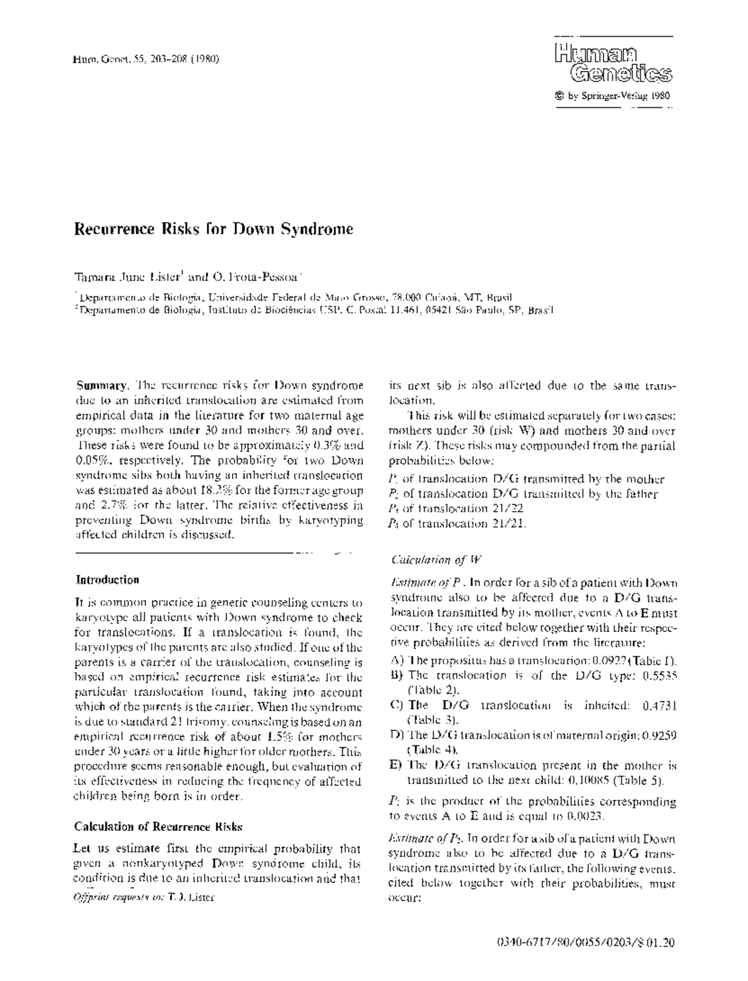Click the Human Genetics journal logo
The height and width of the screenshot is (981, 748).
613,63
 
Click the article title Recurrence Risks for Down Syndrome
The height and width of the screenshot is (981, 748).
214,229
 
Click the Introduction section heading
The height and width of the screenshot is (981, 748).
107,580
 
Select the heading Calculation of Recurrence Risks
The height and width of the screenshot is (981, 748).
158,827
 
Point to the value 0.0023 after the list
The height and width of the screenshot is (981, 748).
595,816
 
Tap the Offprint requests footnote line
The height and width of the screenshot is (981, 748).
145,897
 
